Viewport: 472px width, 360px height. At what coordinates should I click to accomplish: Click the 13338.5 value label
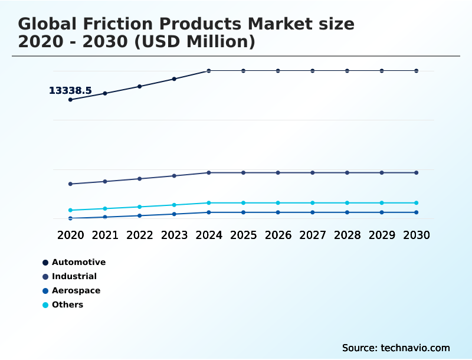tap(70, 91)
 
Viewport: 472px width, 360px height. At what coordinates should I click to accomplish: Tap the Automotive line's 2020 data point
tap(70, 100)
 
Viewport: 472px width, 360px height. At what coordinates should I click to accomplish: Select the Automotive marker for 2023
tap(174, 79)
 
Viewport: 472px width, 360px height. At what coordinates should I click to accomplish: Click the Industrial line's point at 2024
tap(209, 173)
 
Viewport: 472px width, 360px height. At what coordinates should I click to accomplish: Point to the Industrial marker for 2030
tap(417, 173)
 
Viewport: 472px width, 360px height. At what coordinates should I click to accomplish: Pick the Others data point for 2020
tap(70, 210)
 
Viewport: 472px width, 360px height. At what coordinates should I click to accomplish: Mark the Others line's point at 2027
tap(313, 203)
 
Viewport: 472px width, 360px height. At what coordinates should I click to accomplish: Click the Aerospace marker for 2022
tap(140, 215)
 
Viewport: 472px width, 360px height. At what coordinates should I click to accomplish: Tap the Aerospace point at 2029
tap(382, 212)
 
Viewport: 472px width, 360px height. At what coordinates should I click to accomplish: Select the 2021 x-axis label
tap(105, 235)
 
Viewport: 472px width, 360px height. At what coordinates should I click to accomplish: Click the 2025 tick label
tap(243, 235)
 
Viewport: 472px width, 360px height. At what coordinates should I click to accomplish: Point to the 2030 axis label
tap(417, 235)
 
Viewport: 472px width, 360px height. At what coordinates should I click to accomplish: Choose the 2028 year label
tap(347, 235)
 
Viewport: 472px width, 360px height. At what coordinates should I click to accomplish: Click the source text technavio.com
tap(396, 348)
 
